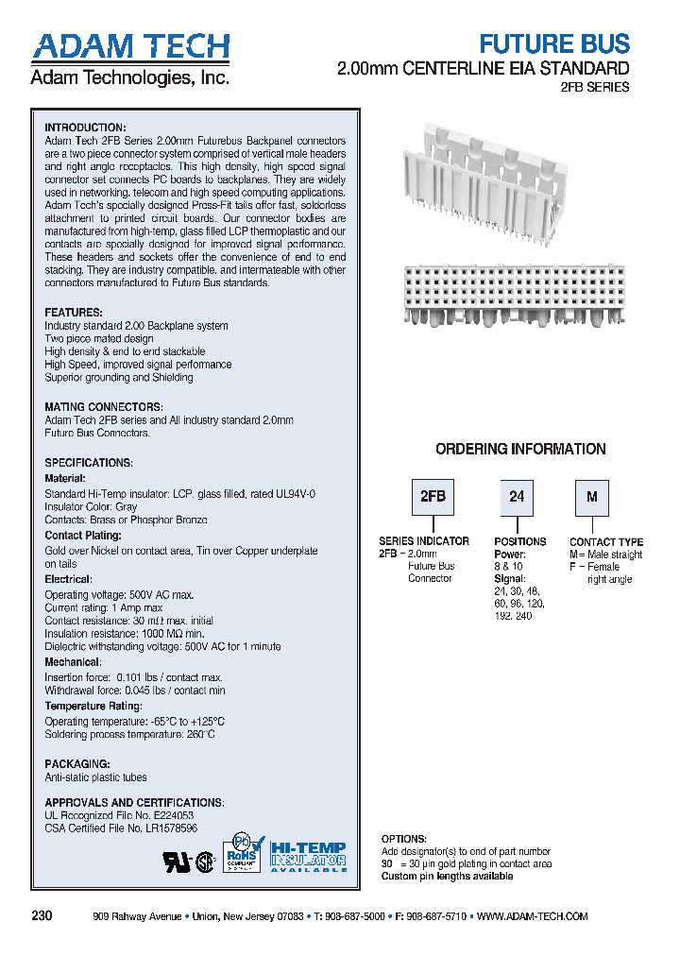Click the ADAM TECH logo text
pos(130,47)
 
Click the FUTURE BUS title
pos(554,43)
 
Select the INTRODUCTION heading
pos(85,128)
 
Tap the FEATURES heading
pos(74,313)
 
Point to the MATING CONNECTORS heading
pos(103,407)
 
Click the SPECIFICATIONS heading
pos(89,463)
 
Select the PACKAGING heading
pos(77,763)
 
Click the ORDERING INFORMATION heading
pos(520,450)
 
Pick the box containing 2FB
pos(432,497)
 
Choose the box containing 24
pos(516,497)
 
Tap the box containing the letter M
pos(592,497)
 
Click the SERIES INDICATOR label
pos(424,541)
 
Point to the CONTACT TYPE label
pos(606,542)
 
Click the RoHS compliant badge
pos(241,854)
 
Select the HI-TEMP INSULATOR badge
pos(308,856)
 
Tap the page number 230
pos(42,916)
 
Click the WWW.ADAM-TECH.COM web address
pos(533,916)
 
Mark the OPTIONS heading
pos(404,839)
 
